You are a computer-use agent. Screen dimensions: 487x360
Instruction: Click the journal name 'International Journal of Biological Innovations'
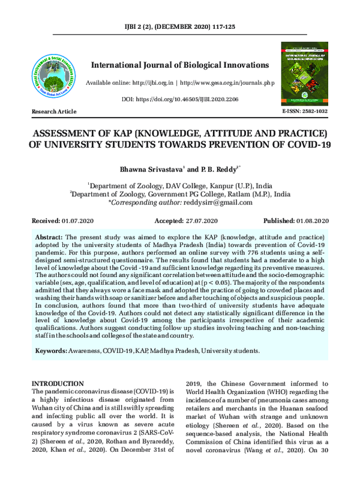point(180,65)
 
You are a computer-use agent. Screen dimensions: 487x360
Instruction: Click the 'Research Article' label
point(54,112)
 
